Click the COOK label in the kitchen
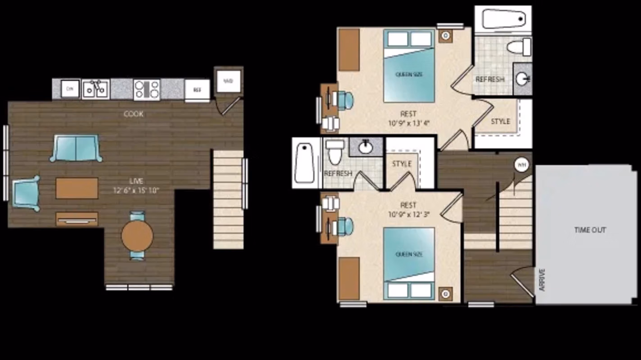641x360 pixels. click(134, 114)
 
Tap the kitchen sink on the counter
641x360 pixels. click(95, 89)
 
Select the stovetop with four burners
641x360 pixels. click(147, 89)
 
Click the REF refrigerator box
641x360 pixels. click(197, 90)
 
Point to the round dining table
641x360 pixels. click(137, 236)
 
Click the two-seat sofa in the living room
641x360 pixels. click(76, 148)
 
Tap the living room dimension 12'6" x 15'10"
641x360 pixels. click(136, 190)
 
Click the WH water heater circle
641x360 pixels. click(521, 165)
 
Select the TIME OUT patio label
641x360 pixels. click(590, 230)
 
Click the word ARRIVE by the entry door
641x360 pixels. click(542, 280)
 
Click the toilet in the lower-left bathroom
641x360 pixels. click(334, 152)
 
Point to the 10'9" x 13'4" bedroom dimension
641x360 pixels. click(408, 122)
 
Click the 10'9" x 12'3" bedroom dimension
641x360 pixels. click(408, 214)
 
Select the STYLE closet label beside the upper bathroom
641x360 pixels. click(500, 121)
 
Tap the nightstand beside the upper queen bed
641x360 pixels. click(445, 35)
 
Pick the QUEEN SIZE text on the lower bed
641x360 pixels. click(409, 255)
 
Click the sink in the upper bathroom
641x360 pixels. click(522, 80)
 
